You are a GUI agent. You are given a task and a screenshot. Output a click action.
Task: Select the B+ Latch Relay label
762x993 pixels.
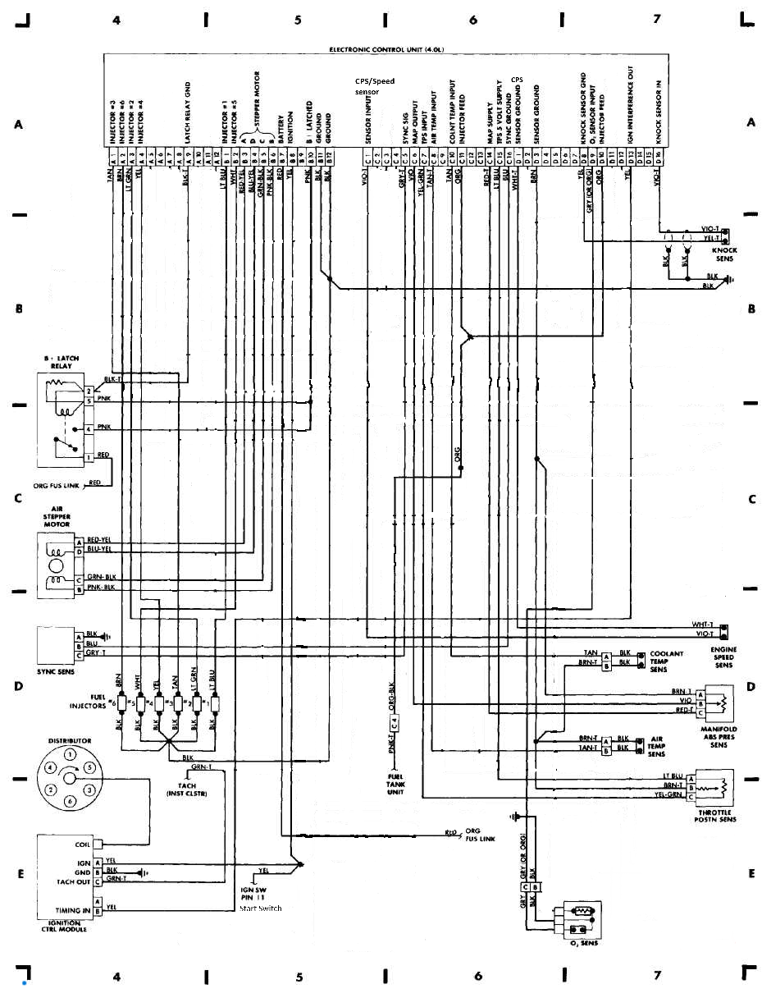[x=58, y=362]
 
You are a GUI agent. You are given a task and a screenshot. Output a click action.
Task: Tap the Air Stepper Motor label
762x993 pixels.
[x=57, y=516]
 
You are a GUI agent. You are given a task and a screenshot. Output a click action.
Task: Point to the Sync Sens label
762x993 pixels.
[x=55, y=670]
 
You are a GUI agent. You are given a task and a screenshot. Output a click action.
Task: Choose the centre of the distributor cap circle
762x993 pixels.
[x=70, y=777]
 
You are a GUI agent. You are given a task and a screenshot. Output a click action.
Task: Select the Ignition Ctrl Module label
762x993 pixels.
[x=63, y=925]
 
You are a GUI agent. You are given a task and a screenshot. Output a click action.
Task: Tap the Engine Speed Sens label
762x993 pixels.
[x=724, y=657]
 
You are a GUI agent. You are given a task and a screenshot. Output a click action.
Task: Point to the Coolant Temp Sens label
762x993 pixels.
[x=667, y=661]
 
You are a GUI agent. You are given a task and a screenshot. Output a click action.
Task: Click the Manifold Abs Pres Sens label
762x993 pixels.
[x=719, y=737]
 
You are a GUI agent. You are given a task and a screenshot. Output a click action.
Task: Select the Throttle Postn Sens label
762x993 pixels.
[x=715, y=815]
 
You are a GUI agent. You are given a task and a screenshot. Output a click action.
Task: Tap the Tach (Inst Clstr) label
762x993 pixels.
[x=186, y=789]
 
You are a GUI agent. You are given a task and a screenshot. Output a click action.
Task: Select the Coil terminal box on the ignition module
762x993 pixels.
[x=97, y=844]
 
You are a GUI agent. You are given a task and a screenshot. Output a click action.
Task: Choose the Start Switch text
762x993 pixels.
[x=261, y=908]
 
